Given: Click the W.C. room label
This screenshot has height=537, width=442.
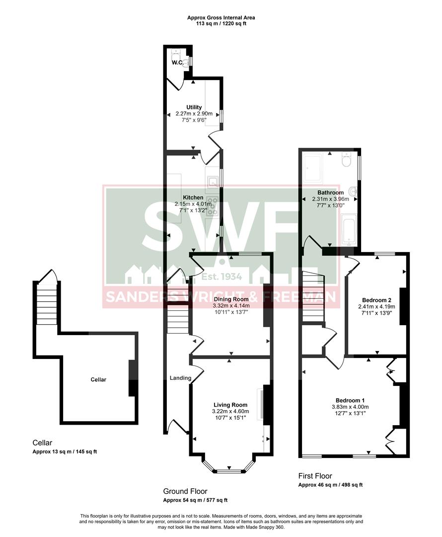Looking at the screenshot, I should [178, 63].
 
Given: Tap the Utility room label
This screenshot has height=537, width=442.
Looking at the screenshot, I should [194, 107].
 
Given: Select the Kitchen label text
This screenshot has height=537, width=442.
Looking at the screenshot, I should [193, 197].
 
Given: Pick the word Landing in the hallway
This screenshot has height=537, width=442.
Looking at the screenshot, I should [180, 378].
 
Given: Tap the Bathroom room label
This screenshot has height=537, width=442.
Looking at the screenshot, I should [330, 192].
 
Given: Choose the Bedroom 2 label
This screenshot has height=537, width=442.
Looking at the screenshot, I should [376, 300].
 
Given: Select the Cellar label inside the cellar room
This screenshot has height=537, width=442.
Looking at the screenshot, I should [98, 379].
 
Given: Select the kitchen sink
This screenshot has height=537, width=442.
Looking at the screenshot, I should [213, 182].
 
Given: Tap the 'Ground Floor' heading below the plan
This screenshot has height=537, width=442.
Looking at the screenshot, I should [185, 491].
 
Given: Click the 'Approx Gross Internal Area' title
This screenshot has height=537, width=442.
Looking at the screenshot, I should [221, 17].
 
